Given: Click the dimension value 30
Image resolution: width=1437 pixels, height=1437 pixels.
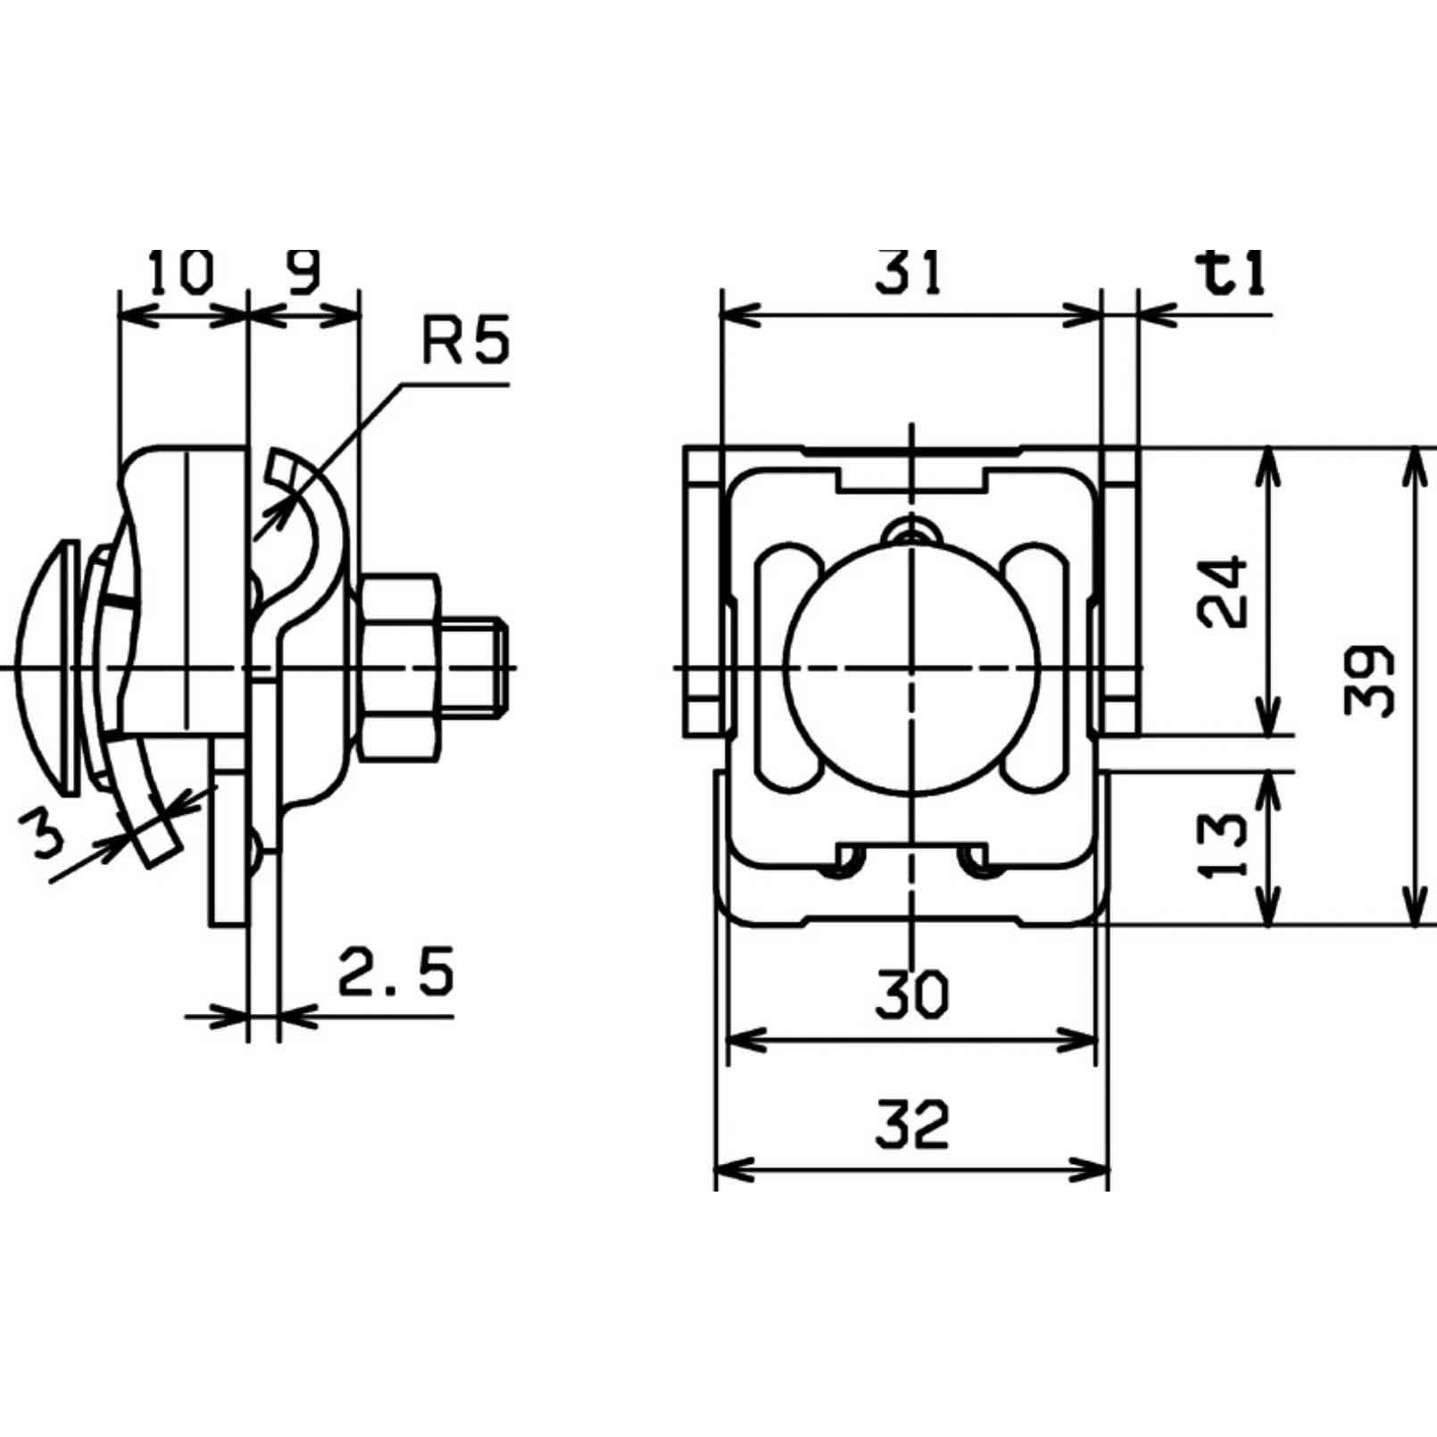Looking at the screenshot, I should point(911,995).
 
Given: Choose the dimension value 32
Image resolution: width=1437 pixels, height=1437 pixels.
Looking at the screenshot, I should point(911,1125).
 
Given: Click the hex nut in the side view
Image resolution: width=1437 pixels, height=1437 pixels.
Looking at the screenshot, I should point(399,668).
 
